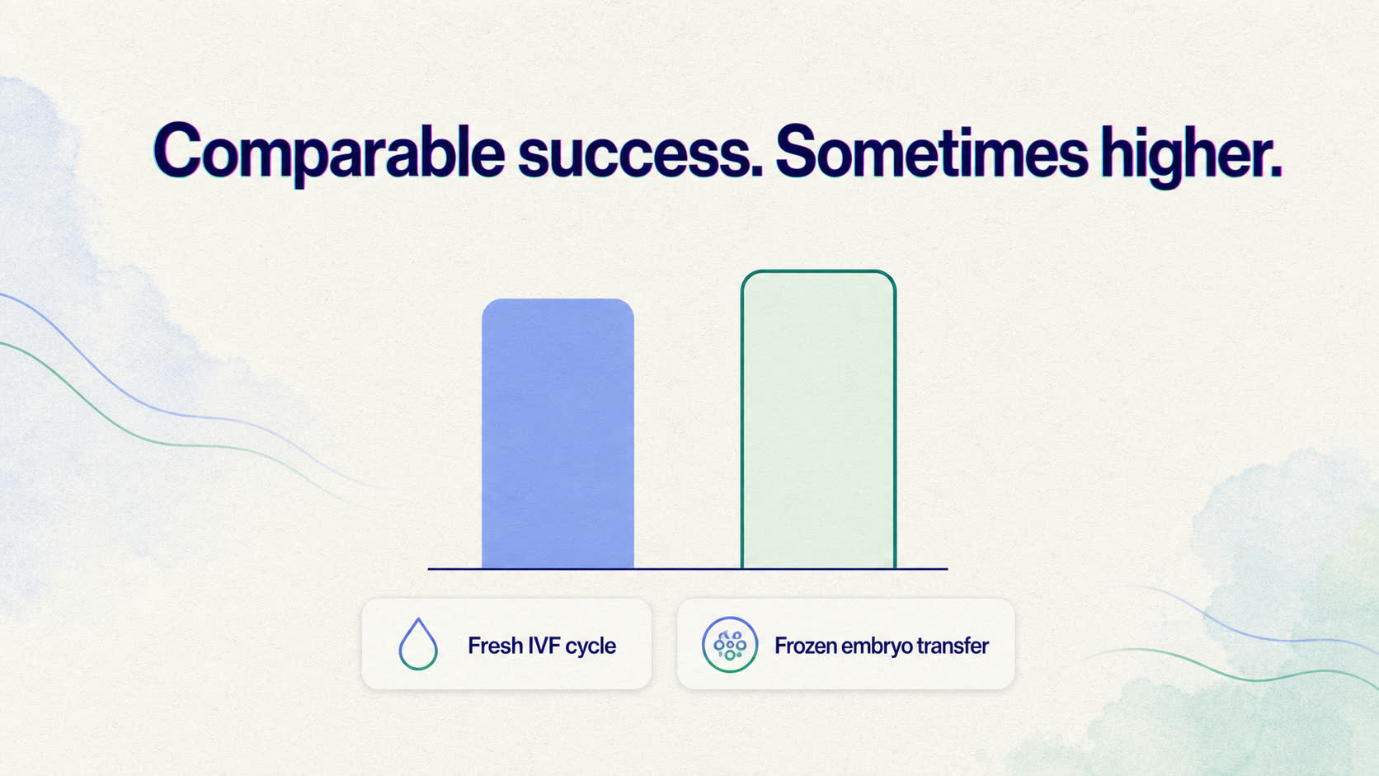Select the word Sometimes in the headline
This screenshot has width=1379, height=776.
click(x=931, y=152)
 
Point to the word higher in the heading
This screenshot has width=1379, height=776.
click(x=1186, y=156)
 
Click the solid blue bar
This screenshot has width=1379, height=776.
click(x=558, y=434)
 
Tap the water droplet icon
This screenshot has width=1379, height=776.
click(x=418, y=644)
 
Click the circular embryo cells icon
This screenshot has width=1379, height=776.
click(x=730, y=644)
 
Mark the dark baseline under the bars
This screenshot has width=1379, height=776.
click(x=688, y=569)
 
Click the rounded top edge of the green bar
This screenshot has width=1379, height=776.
click(x=818, y=271)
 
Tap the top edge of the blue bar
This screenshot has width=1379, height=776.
click(x=558, y=299)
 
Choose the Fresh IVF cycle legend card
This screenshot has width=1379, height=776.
click(x=506, y=644)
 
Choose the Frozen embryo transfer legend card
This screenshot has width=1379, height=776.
click(x=846, y=644)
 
